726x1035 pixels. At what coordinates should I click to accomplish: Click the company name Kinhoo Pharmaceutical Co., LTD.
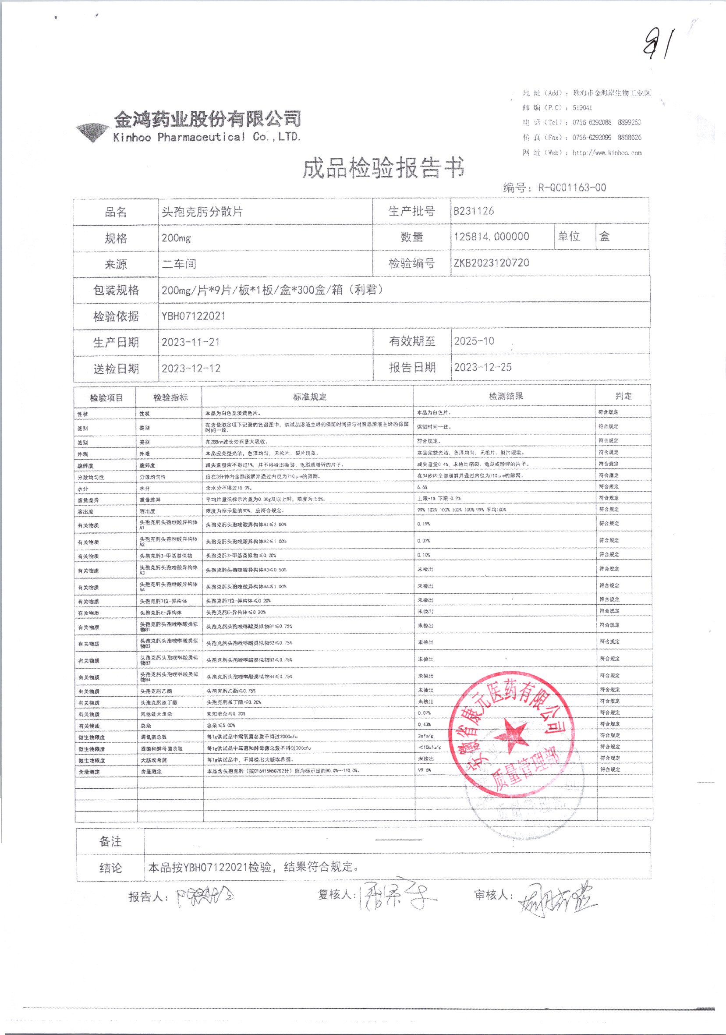[206, 137]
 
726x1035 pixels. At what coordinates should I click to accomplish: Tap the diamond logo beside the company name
[92, 131]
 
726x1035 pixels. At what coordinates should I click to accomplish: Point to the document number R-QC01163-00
[572, 188]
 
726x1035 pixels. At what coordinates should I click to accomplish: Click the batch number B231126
[473, 211]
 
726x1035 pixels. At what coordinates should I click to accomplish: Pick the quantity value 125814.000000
[491, 237]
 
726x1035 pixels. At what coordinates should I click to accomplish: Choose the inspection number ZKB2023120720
[491, 263]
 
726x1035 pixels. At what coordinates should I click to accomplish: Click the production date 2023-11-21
[191, 342]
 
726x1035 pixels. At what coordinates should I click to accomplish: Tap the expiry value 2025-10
[474, 341]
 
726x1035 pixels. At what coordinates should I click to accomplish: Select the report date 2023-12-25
[483, 367]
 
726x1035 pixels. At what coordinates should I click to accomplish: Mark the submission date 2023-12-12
[191, 368]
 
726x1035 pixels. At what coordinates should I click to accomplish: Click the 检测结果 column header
[506, 396]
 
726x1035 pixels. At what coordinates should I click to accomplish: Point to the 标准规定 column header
[310, 397]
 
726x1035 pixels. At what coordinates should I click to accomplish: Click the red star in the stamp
[511, 736]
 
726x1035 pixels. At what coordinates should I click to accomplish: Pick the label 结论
[110, 868]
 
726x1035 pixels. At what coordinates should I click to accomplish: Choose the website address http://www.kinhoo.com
[606, 153]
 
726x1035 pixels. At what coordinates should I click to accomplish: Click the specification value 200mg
[176, 237]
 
